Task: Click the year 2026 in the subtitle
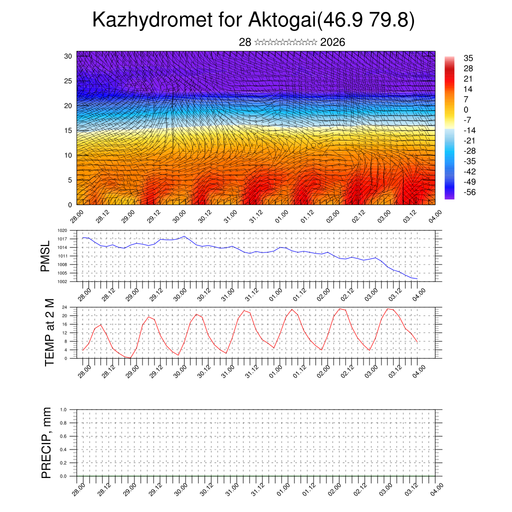point(332,42)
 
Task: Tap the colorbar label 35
point(468,58)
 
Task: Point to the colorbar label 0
point(466,109)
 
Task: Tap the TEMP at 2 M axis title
point(49,332)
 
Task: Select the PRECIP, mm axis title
point(46,442)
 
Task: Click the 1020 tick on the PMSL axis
point(62,230)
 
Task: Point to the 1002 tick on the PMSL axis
point(62,281)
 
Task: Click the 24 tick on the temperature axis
point(64,307)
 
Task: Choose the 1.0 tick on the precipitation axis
point(63,409)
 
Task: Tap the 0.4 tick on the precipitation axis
point(63,449)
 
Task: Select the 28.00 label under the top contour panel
point(76,216)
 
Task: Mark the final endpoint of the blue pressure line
point(417,278)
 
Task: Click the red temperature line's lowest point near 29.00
point(130,358)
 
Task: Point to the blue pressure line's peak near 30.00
point(184,236)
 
